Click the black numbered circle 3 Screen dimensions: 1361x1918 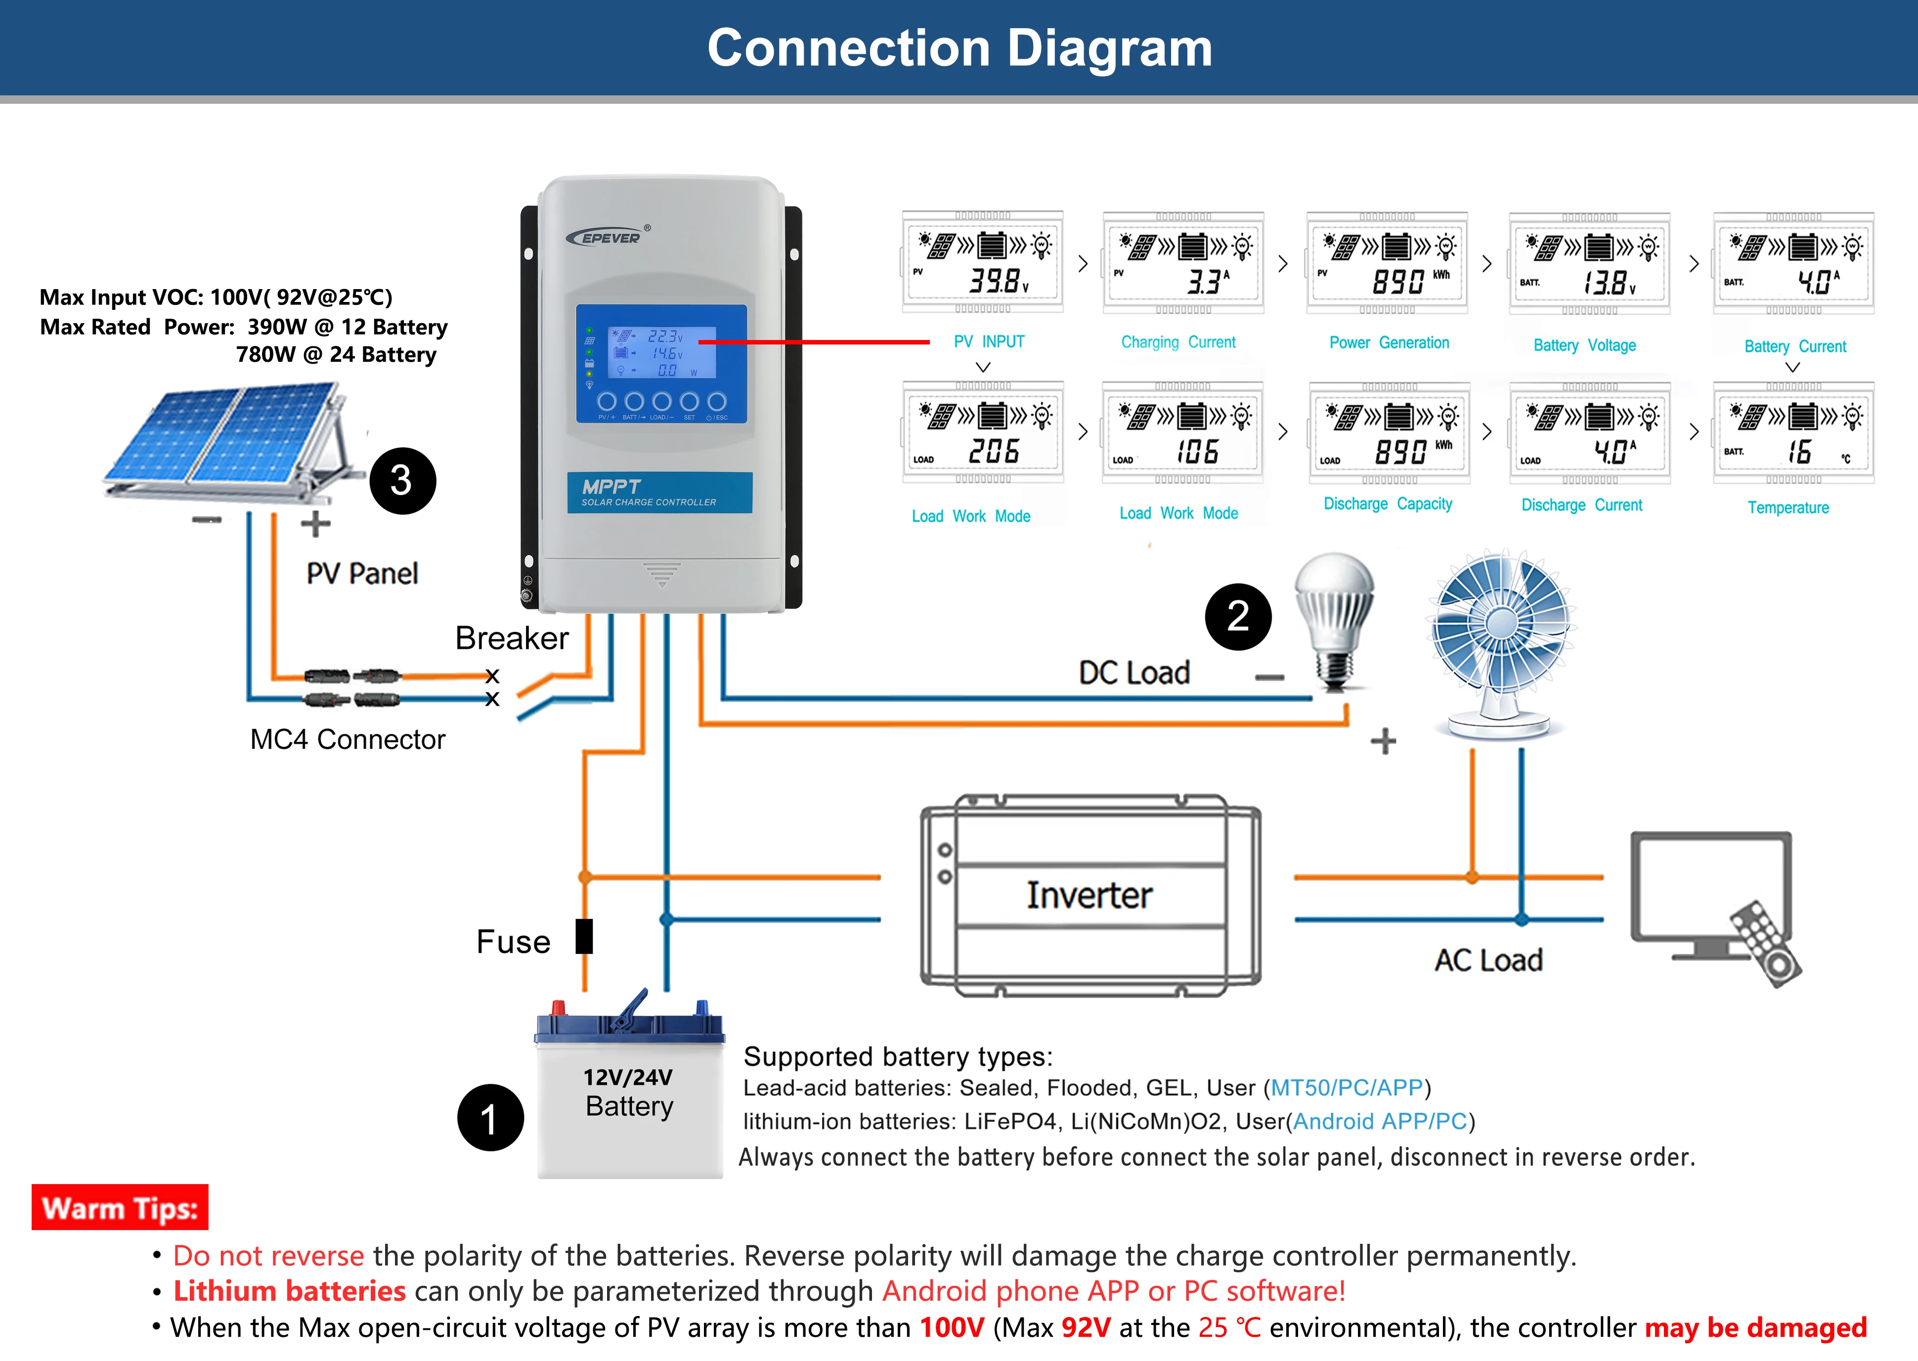point(402,481)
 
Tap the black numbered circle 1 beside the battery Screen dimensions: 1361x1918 point(490,1118)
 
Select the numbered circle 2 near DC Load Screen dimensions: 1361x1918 point(1238,617)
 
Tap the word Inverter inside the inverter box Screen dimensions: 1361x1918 point(1089,895)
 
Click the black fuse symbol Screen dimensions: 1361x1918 point(584,936)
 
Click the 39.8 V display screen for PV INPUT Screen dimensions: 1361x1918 point(982,262)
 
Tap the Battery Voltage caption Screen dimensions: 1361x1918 point(1584,345)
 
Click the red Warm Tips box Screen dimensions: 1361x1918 point(120,1208)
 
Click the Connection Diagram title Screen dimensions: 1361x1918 point(959,48)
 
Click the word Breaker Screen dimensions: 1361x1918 point(511,638)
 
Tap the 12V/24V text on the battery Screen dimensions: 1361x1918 point(628,1077)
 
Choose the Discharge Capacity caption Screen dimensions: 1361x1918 point(1388,504)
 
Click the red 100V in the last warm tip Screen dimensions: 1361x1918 point(952,1327)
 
